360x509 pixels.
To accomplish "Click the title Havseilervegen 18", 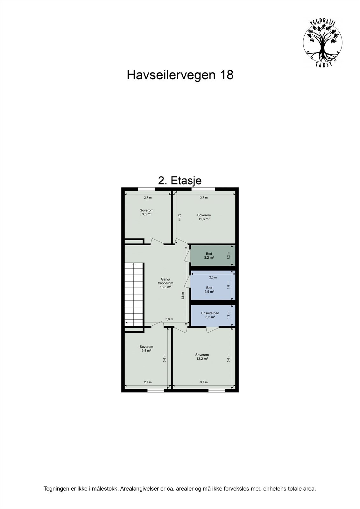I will (180, 75).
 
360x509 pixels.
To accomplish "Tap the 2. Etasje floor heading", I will (180, 180).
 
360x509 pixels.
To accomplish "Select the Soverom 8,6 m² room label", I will (146, 212).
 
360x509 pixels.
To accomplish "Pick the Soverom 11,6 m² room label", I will (204, 217).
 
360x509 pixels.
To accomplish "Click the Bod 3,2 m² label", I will (209, 255).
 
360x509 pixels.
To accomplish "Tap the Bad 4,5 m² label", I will (209, 289).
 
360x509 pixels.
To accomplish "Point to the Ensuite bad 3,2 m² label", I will (210, 315).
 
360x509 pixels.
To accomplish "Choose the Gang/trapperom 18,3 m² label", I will (166, 283).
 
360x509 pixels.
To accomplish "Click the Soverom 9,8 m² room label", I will (146, 348).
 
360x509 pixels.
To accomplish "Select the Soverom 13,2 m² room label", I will (202, 357).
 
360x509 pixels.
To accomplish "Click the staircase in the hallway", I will (134, 294).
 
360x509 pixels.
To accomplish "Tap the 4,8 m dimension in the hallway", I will (183, 296).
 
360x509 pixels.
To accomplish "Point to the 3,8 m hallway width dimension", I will (169, 319).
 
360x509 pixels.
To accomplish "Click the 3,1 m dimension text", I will (179, 217).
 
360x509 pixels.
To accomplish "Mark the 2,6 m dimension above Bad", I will (213, 277).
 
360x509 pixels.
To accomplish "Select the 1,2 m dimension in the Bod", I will (229, 255).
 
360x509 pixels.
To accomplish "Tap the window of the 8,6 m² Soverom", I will (147, 189).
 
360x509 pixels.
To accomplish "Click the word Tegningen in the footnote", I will (55, 498).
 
